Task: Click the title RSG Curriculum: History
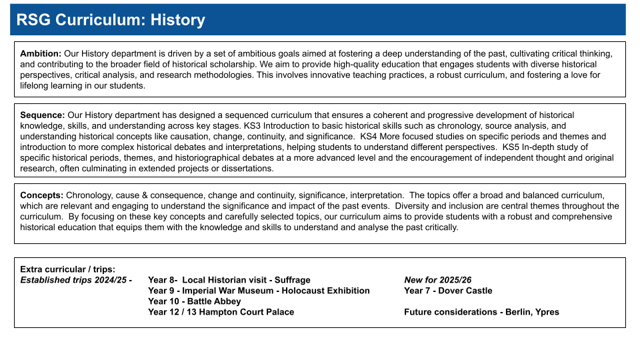coord(110,20)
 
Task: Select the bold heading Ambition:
coord(41,54)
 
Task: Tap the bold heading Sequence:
coord(43,115)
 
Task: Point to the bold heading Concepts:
coord(41,195)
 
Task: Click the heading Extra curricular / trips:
coord(67,269)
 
